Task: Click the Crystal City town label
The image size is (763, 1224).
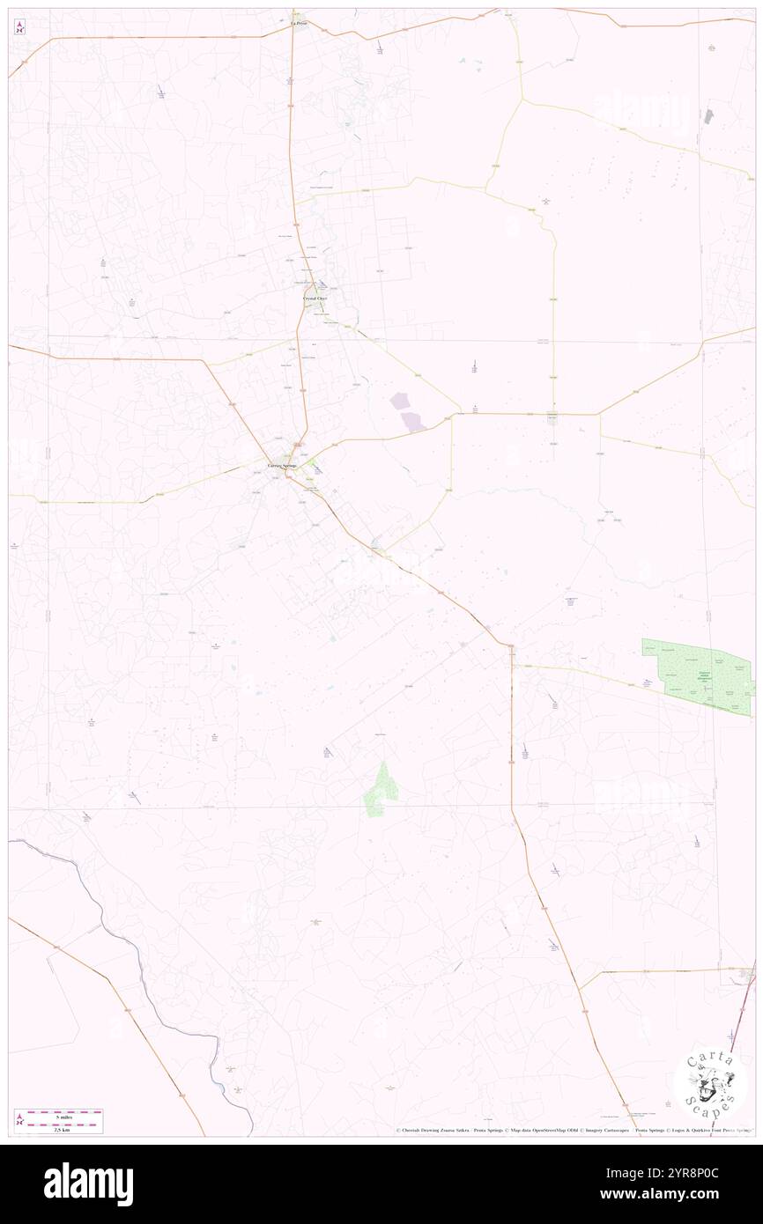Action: (x=315, y=299)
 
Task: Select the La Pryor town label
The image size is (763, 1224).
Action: (x=299, y=23)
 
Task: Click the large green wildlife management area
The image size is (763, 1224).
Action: (x=698, y=675)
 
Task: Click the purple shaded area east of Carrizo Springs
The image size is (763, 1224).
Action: (x=406, y=411)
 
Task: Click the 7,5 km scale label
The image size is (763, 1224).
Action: (x=59, y=1129)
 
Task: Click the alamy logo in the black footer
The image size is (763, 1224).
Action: (x=88, y=1184)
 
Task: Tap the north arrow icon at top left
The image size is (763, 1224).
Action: (x=19, y=26)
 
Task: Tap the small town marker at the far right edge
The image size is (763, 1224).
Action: (x=746, y=974)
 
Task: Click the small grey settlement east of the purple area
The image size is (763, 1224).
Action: (x=553, y=417)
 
